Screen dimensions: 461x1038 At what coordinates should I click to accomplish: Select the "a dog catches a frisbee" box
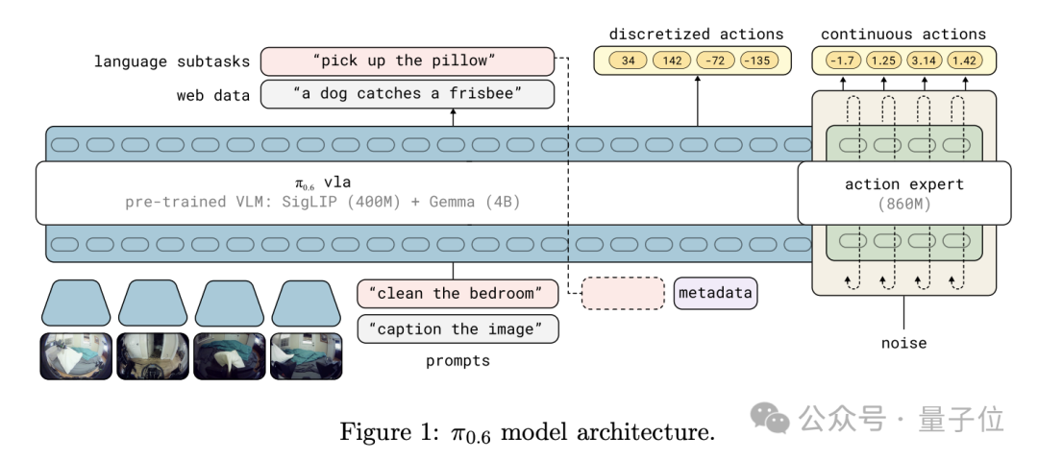click(x=408, y=95)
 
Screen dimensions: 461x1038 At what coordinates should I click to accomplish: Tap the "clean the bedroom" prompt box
click(x=457, y=293)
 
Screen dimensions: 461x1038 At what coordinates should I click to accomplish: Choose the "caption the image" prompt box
click(x=457, y=329)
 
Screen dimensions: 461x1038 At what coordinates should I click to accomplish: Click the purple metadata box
click(x=715, y=293)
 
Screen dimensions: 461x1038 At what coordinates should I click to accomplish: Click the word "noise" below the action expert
click(x=904, y=343)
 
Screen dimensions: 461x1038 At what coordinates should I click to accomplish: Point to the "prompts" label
click(x=457, y=362)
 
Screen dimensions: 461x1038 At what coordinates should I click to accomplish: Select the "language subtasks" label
click(x=172, y=62)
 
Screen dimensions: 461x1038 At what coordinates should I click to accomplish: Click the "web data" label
click(x=212, y=95)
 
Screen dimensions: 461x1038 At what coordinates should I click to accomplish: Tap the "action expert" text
click(x=904, y=184)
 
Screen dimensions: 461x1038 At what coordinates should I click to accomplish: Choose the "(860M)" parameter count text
click(x=904, y=204)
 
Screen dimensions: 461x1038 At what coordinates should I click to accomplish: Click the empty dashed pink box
click(x=623, y=293)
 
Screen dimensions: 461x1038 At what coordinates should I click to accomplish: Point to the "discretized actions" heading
click(x=697, y=35)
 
